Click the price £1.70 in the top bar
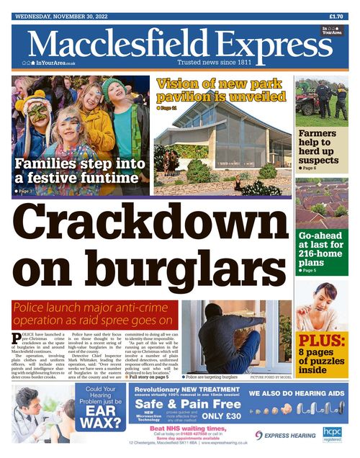336,16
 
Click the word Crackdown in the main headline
148,229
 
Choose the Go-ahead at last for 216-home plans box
320,250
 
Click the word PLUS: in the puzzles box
322,340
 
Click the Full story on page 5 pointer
148,377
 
